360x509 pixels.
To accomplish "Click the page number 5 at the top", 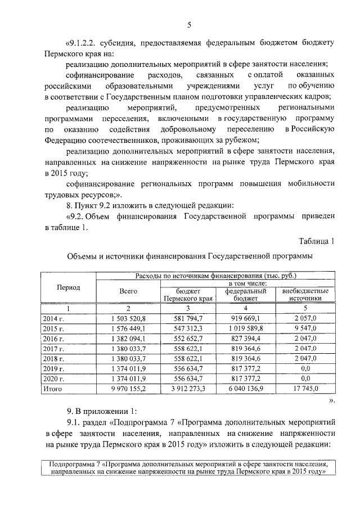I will tap(189, 24).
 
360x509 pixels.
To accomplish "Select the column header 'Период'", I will tap(68, 287).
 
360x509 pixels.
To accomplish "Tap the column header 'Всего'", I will tap(128, 291).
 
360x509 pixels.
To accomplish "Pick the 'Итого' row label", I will tap(53, 388).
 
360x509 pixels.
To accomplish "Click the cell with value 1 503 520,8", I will tap(128, 318).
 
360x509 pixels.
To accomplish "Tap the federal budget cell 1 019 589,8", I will tap(246, 328).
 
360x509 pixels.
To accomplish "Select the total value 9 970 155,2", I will tap(128, 388).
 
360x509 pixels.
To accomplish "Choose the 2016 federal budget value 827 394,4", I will tap(246, 338).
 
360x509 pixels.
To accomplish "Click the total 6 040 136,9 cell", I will tap(246, 388).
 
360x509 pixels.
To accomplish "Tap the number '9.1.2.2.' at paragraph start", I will tap(84, 43).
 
